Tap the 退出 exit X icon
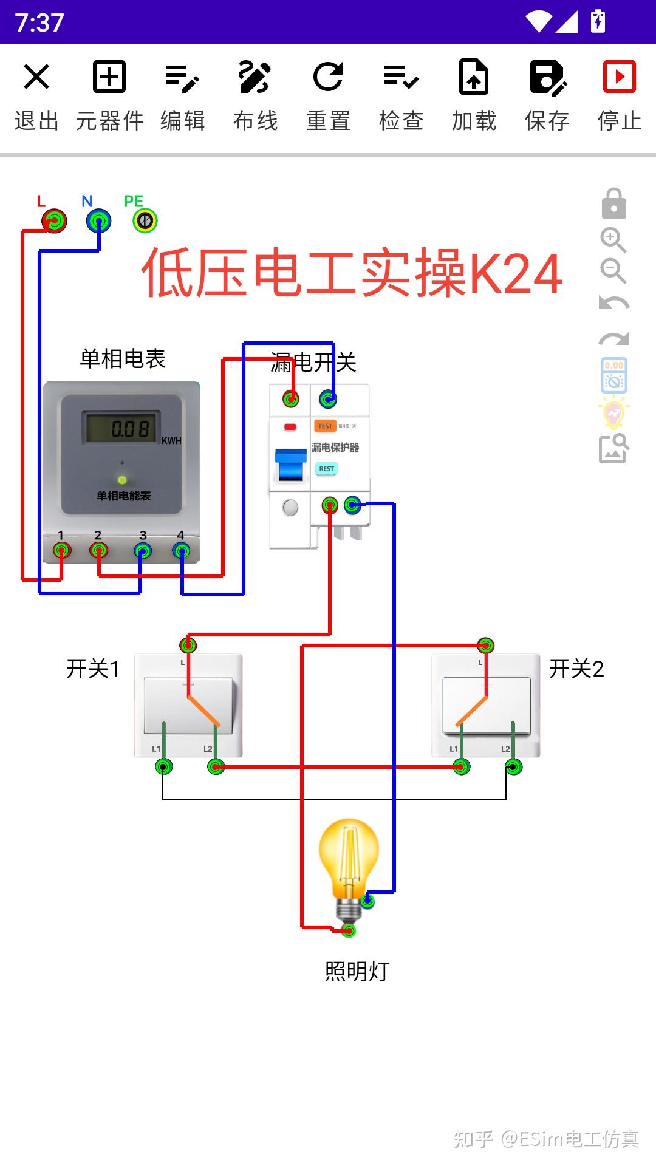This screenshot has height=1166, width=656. pos(36,77)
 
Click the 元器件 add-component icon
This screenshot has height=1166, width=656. pos(109,77)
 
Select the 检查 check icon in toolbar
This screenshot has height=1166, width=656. pos(401,77)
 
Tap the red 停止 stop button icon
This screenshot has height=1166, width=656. pos(619,77)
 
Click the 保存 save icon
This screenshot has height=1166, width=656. pos(547,77)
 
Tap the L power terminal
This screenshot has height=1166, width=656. pos(55,220)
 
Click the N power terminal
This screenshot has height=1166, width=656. pos(98,220)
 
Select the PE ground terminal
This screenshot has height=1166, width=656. pos(145,220)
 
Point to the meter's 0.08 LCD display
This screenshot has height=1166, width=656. pos(121,428)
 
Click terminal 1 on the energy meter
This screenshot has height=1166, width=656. pos(61,551)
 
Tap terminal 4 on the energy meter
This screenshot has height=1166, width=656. pos(181,551)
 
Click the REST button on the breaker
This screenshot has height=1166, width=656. pos(326,469)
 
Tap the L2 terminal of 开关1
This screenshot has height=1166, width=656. pos(216,767)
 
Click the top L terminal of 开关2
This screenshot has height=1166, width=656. pos(485,645)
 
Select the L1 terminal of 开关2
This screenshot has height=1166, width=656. pos(462,767)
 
